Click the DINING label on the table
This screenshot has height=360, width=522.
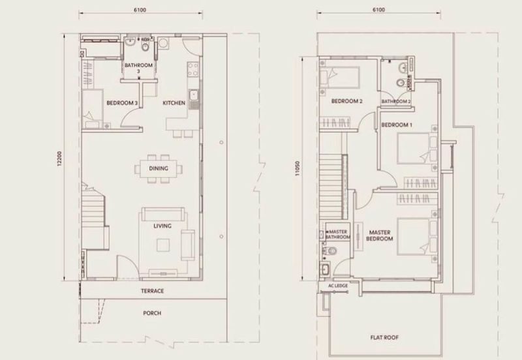pos(159,168)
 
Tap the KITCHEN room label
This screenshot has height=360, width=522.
pos(174,103)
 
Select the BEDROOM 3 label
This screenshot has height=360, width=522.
pos(122,103)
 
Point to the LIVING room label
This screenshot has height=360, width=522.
pos(162,226)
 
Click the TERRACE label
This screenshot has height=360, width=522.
pos(153,291)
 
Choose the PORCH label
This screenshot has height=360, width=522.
pos(152,313)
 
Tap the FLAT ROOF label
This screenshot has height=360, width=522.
pos(384,337)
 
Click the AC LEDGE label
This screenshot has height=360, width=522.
pos(338,286)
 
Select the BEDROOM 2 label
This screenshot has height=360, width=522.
pos(347,101)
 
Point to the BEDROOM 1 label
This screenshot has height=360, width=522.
pos(397,125)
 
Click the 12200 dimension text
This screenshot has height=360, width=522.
pos(59,158)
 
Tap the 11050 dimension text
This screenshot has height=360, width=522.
pos(298,168)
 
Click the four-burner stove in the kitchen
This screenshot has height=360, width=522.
pos(193,69)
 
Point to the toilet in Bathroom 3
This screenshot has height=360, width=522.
pos(146,46)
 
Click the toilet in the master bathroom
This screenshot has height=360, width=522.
pos(330,250)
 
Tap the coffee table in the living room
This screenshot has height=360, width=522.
pos(163,246)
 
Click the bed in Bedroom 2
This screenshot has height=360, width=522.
pos(339,78)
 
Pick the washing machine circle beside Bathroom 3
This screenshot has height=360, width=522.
pos(164,43)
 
